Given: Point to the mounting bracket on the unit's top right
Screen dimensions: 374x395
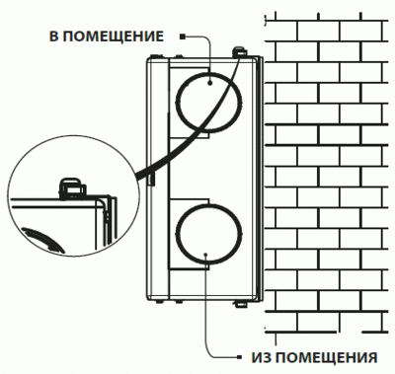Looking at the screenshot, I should (x=238, y=50).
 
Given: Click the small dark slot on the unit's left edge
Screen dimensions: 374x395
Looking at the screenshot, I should (x=149, y=176).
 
